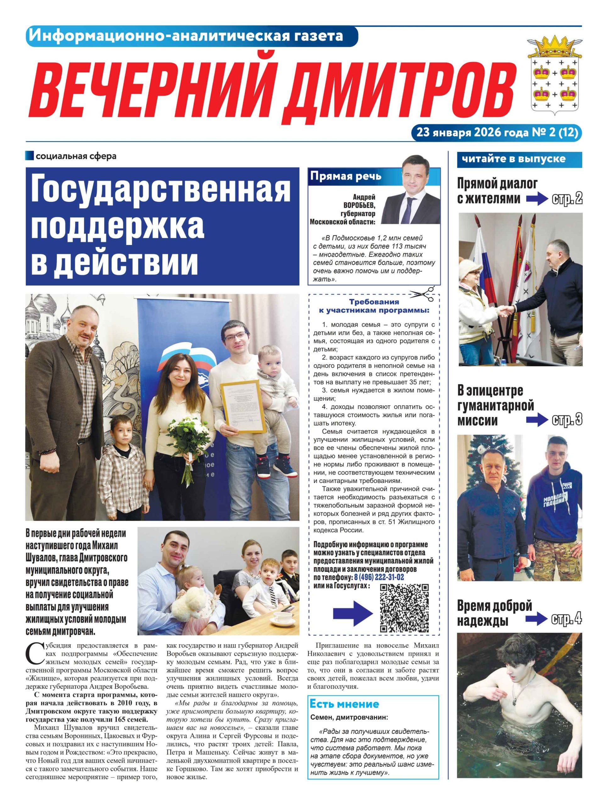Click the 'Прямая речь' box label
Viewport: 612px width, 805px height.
click(x=345, y=177)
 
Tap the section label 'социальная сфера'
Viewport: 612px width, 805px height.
click(x=76, y=157)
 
